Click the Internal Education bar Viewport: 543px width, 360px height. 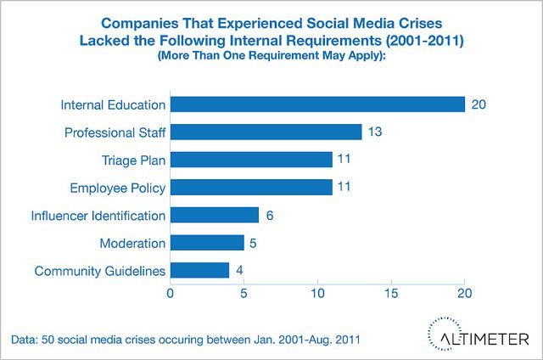pos(317,104)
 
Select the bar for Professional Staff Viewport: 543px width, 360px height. pos(266,132)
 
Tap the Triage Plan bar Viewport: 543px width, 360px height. pos(251,160)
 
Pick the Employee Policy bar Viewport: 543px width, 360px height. pos(251,187)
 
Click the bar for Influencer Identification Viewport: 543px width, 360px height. pos(214,215)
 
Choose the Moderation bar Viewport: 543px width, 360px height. pos(207,243)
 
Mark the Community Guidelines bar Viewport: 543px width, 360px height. pos(199,270)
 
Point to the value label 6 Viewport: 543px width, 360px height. pos(270,216)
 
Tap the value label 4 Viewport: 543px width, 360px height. pos(240,271)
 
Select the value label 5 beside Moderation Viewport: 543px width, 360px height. pos(255,243)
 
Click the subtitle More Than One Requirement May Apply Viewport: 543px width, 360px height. pos(271,54)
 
